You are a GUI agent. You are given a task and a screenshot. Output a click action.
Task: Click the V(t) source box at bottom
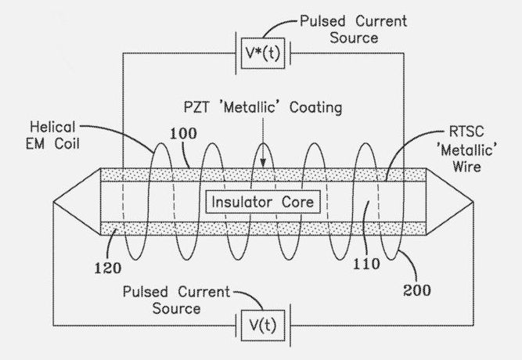[x=261, y=322]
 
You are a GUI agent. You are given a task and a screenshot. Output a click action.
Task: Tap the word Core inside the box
[x=298, y=202]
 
